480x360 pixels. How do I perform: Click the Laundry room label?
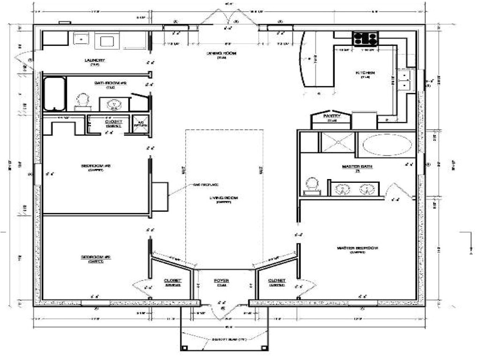click(95, 60)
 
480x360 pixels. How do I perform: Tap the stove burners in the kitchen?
click(365, 38)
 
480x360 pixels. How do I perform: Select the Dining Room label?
click(222, 54)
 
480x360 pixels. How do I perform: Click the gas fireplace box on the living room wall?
click(160, 196)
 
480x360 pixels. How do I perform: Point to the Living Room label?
click(224, 199)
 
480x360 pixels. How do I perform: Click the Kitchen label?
click(365, 73)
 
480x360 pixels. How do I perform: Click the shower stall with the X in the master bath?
click(337, 142)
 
